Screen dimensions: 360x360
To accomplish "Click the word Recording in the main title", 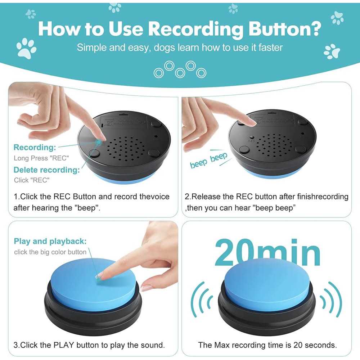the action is pos(195,29).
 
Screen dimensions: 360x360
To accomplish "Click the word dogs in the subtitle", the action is pos(165,48).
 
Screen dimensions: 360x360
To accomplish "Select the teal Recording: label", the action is pos(35,147).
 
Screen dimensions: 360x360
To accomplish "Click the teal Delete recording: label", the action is pos(46,170).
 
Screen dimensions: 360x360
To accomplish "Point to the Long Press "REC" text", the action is pos(41,158).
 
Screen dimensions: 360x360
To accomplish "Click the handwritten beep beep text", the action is pos(208,160).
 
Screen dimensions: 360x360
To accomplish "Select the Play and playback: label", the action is pos(50,241).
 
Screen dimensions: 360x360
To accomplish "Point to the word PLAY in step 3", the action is pos(64,345).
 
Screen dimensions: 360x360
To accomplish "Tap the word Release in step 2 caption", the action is pos(205,197).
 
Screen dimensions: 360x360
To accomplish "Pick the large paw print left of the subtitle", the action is pos(26,48).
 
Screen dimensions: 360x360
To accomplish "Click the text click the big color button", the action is pos(50,252).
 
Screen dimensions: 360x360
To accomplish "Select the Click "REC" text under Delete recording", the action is pos(32,180).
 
